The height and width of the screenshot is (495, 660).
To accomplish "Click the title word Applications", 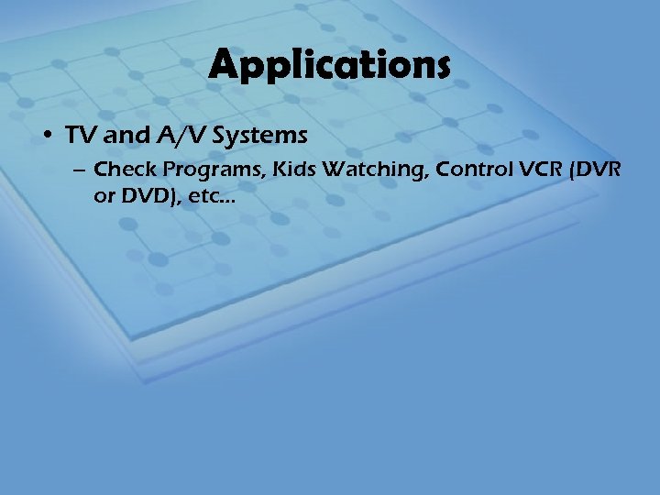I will pyautogui.click(x=329, y=65).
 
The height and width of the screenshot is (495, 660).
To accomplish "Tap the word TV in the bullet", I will pyautogui.click(x=78, y=136).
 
